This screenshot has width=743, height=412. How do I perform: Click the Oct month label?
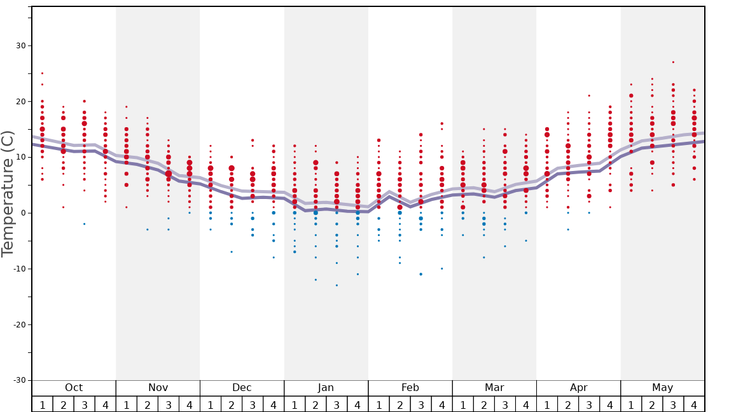point(74,388)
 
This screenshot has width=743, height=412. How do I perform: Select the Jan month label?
point(326,388)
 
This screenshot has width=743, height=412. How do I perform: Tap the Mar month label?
point(494,388)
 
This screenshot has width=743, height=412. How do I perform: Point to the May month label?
point(662,388)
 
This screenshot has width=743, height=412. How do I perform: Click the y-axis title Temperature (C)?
point(8,193)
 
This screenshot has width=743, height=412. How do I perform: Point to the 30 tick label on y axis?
point(20,46)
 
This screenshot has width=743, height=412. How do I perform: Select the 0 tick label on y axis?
point(23,213)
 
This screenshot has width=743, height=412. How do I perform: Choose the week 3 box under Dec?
point(253,404)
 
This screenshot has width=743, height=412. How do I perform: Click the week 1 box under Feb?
point(378,404)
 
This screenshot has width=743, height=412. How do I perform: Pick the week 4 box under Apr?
point(610,404)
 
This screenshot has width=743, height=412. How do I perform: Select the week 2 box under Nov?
point(148,404)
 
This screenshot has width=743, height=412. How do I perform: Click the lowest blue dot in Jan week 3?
point(337,285)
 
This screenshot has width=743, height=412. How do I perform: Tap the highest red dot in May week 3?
point(673,62)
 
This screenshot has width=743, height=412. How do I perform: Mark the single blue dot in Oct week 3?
point(84,224)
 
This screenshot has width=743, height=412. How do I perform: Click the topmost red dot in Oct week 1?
point(43,73)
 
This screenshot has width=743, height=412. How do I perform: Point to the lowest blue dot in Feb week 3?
point(420,274)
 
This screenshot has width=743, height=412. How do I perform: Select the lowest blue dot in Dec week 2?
point(232,252)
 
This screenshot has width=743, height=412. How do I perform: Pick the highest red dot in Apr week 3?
point(589,95)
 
